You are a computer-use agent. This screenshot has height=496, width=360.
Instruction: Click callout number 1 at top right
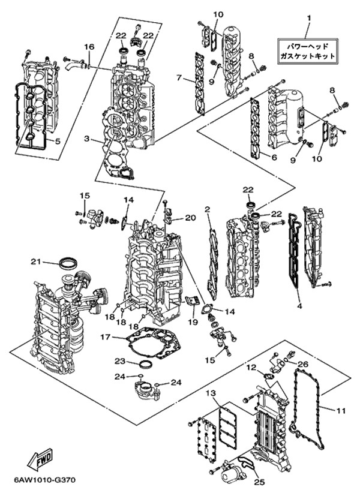tap(308, 18)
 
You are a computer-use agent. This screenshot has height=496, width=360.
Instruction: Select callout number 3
tap(87, 139)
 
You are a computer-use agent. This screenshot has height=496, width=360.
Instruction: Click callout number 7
tap(179, 77)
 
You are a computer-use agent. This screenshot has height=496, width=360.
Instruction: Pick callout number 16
tap(89, 47)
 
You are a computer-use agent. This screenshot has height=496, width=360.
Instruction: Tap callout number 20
tap(190, 218)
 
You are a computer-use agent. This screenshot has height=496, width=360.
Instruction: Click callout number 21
tap(35, 261)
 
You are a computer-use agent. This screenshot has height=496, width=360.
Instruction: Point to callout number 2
tap(207, 210)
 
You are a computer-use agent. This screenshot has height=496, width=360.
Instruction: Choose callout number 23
tap(119, 361)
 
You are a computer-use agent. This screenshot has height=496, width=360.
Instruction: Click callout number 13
tap(210, 393)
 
